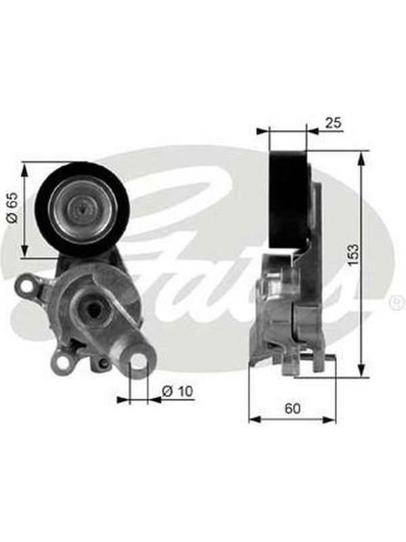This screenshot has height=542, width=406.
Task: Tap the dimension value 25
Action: [333, 123]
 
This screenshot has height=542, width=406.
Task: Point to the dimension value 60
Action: [292, 409]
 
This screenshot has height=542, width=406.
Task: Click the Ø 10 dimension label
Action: [177, 391]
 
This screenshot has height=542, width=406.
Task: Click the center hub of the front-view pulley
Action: [83, 209]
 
